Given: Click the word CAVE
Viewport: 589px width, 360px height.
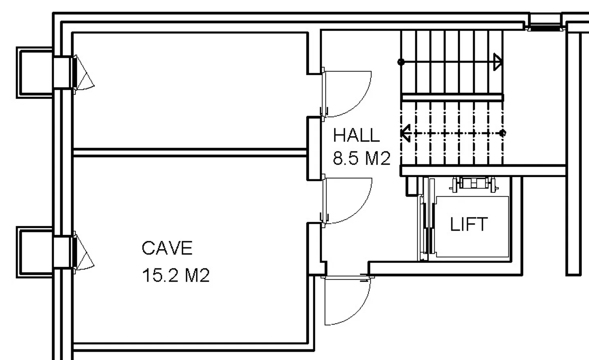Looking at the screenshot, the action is pos(167,248).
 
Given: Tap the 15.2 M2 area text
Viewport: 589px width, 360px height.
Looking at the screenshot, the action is pos(175,275).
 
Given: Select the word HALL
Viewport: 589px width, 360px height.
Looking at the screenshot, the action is pos(356,135).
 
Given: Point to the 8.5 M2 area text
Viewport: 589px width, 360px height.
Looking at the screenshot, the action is pos(362,158).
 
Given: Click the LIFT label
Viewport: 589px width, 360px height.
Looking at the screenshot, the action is pos(469,224).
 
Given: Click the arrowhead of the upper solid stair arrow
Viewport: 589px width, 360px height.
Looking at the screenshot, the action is pos(498,62).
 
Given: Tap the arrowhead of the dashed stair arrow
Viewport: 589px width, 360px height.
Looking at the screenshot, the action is pos(405,133).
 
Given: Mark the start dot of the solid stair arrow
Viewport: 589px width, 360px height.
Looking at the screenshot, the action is pos(401,62).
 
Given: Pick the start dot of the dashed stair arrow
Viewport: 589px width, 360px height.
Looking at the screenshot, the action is pos(502,133).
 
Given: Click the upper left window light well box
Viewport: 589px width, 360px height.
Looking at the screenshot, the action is pos(35,73).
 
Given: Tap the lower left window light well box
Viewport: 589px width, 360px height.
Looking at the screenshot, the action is pos(35,252).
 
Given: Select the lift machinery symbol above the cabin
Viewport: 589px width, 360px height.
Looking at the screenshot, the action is pos(474,183).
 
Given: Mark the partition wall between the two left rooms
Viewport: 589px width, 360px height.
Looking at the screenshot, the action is pos(190,153).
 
